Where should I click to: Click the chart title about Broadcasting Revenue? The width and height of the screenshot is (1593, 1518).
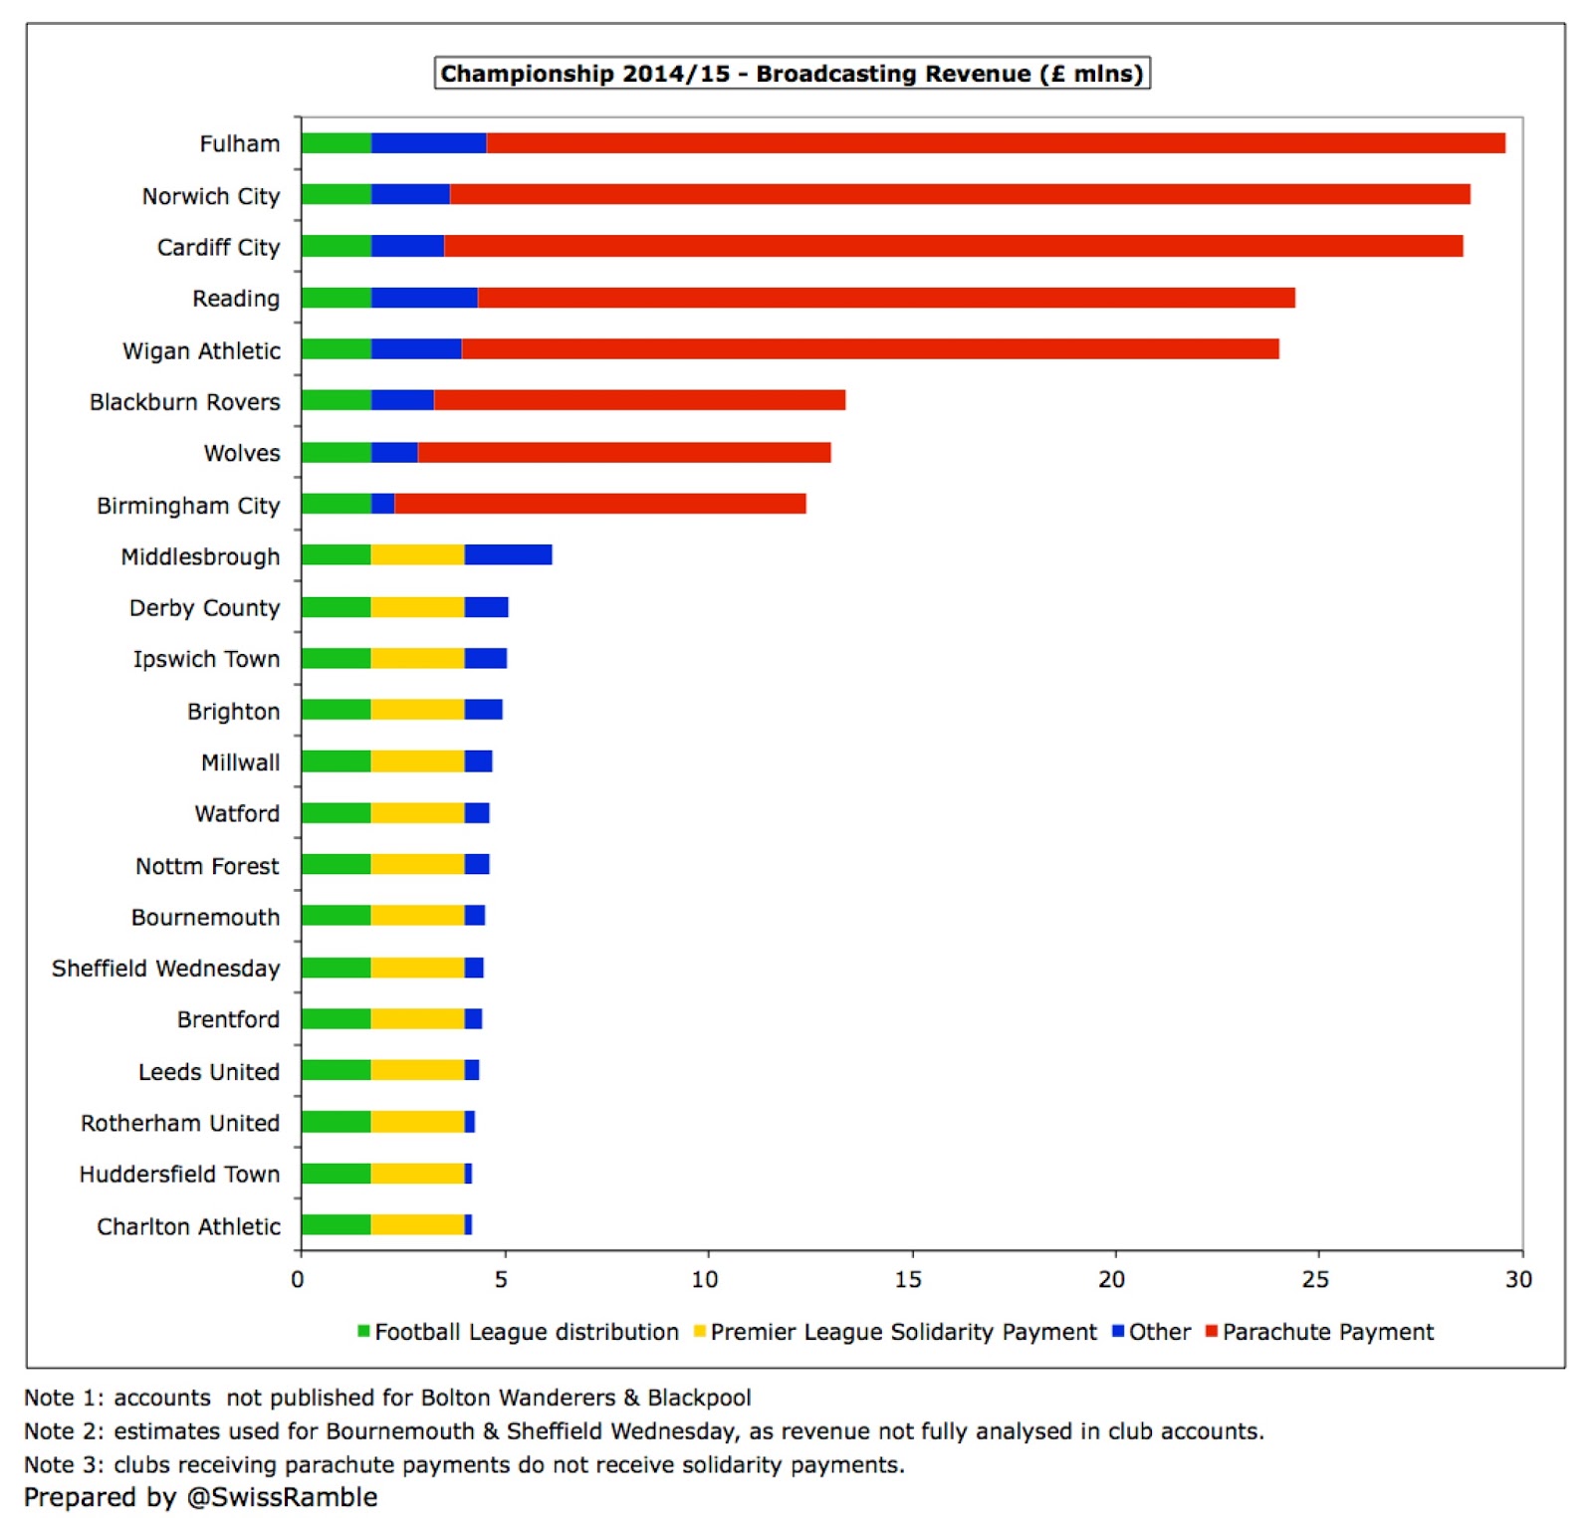(792, 74)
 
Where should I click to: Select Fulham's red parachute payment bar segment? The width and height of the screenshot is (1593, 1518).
(996, 143)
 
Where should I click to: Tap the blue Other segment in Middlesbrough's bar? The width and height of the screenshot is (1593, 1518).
(508, 555)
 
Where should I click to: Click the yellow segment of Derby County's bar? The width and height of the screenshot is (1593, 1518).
(417, 607)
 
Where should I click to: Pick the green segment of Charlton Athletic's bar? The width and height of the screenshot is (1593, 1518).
(336, 1224)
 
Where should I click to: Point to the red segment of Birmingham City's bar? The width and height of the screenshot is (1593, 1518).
(599, 504)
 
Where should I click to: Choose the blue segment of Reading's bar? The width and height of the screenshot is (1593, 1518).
(424, 298)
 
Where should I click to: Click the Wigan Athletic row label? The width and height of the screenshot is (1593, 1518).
(201, 350)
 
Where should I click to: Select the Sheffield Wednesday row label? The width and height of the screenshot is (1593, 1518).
(165, 968)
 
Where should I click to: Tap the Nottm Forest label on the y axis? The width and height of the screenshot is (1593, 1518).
(207, 865)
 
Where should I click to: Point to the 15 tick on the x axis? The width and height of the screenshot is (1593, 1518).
(908, 1279)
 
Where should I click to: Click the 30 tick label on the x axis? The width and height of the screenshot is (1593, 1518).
(1518, 1279)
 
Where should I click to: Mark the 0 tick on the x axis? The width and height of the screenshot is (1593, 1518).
(298, 1279)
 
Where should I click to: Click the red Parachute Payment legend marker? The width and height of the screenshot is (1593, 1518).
(1212, 1331)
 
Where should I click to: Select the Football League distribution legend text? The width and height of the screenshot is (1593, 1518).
(527, 1332)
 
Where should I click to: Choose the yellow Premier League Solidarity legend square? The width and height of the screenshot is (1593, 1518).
(700, 1331)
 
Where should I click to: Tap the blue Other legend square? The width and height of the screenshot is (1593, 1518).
(1118, 1331)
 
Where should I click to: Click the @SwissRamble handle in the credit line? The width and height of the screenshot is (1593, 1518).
(282, 1497)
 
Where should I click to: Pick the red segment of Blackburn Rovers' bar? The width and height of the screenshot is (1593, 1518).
(639, 400)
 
